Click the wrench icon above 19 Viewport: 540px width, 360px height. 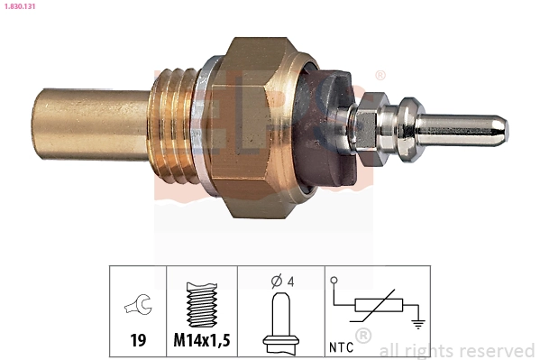coord(138,308)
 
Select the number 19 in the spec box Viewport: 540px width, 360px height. coord(138,341)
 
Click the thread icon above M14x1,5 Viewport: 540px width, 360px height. coord(202,304)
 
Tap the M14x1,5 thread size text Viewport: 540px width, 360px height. coord(202,341)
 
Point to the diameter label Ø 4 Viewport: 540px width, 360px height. coord(282,281)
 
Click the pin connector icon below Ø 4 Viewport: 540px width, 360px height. coord(282,320)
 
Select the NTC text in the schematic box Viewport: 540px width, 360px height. coord(342,345)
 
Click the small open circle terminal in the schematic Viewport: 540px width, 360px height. coord(334,282)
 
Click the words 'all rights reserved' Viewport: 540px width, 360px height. coord(456,350)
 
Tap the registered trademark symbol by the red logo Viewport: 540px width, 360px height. coord(380,76)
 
